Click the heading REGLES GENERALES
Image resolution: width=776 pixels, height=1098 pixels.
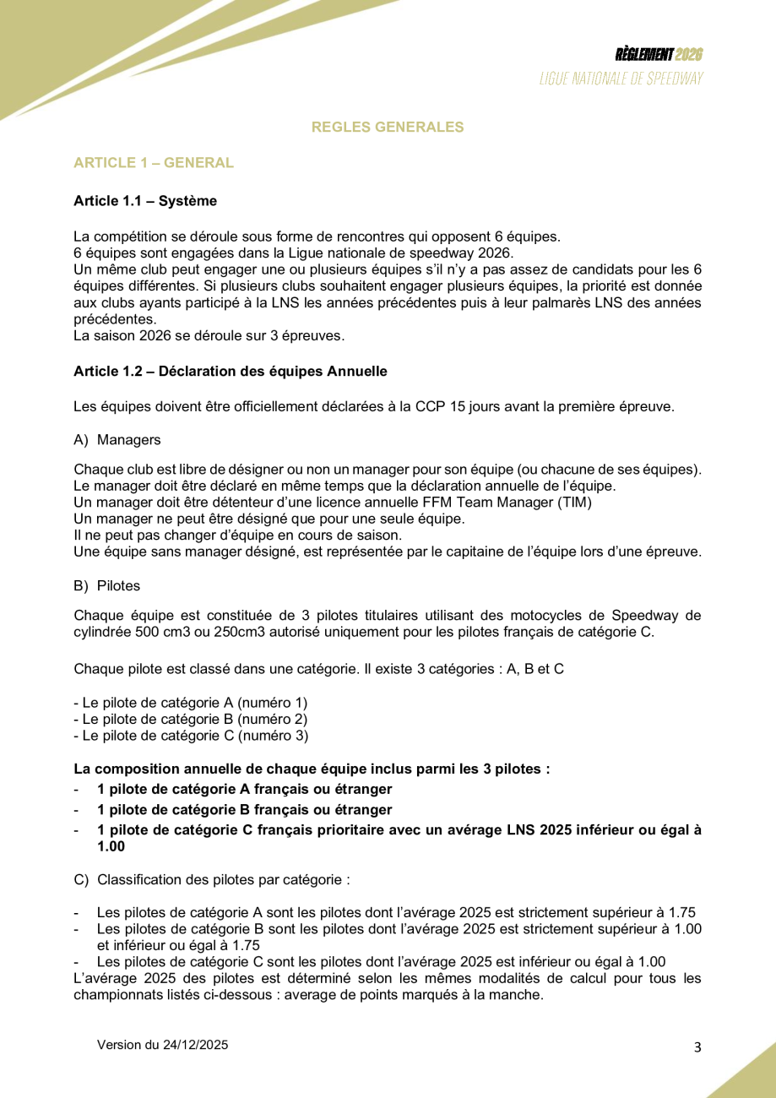[388, 128]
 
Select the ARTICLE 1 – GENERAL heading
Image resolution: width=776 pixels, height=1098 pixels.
[154, 163]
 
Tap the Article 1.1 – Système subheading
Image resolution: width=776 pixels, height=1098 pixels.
[145, 201]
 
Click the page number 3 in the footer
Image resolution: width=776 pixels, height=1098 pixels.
[697, 1048]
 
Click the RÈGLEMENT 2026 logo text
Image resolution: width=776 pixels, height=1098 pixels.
[659, 55]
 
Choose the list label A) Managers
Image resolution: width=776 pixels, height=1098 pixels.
[117, 440]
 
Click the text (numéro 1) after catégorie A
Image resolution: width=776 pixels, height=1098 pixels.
[274, 703]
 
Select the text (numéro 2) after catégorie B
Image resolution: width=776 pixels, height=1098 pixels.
[274, 719]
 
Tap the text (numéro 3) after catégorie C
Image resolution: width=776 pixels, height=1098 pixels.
[274, 736]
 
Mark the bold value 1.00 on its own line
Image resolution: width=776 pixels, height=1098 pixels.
[111, 846]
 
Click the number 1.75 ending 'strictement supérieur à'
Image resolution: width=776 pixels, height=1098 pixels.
[682, 912]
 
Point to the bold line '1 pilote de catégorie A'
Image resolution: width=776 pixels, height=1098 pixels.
[245, 790]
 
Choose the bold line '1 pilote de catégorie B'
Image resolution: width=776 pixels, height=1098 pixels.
[245, 810]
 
